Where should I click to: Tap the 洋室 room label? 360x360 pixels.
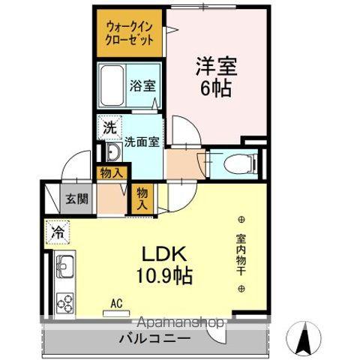(217, 67)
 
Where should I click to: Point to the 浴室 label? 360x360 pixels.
(143, 85)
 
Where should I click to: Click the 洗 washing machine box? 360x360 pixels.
(109, 127)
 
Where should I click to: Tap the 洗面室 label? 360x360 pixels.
(141, 140)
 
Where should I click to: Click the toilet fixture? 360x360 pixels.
(233, 161)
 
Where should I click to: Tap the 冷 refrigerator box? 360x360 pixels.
(58, 233)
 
